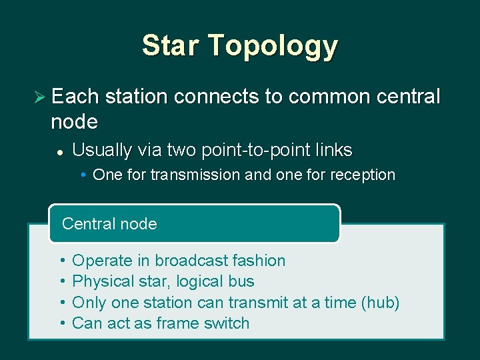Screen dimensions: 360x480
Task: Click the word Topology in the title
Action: click(x=273, y=45)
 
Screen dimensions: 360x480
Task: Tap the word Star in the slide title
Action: click(x=170, y=45)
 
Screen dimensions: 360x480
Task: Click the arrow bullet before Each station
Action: click(x=39, y=97)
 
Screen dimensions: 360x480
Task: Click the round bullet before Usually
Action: click(x=59, y=152)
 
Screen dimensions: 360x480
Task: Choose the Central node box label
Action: click(x=109, y=223)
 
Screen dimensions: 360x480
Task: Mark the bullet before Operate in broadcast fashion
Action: click(x=61, y=261)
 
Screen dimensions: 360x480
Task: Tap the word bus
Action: click(x=243, y=281)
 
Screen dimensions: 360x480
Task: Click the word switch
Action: click(x=229, y=323)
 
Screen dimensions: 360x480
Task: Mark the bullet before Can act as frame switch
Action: click(x=61, y=323)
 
